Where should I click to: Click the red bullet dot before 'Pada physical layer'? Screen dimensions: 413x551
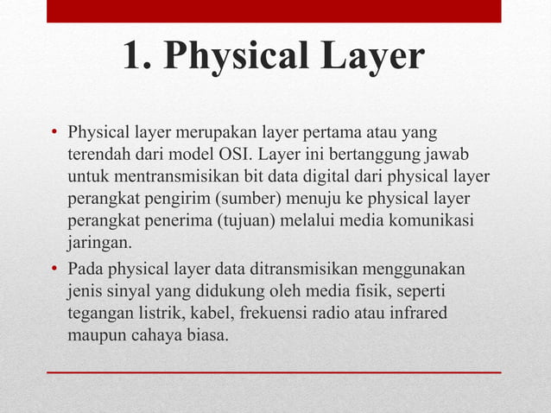[x=54, y=267]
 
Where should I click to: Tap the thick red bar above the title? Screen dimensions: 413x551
[x=274, y=11]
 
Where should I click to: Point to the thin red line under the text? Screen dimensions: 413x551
[x=274, y=372]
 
